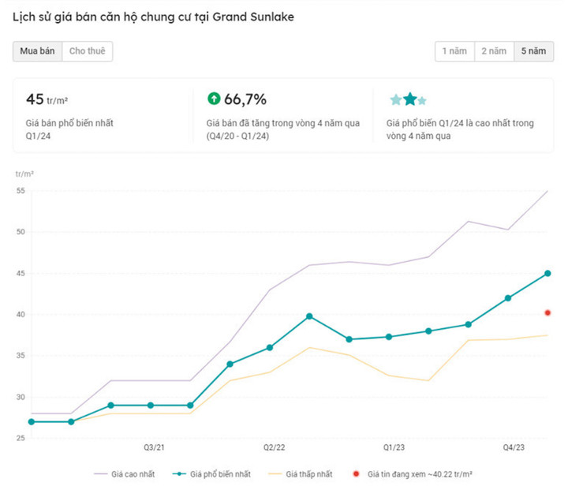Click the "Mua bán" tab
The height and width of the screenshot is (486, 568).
click(37, 51)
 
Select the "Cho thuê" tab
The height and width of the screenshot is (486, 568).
click(87, 51)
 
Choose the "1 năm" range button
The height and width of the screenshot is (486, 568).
click(454, 51)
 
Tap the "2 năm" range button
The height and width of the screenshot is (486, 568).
click(493, 51)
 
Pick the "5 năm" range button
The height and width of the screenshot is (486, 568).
click(532, 51)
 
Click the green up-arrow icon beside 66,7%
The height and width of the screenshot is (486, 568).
click(213, 99)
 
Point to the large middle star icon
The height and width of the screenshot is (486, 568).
click(410, 99)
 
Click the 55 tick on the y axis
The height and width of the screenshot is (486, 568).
click(21, 191)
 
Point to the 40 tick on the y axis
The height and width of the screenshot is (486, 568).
click(21, 315)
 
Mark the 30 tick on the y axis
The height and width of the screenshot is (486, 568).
click(21, 397)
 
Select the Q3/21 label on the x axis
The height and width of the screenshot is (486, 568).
click(153, 448)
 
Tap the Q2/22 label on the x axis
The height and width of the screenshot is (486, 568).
click(274, 448)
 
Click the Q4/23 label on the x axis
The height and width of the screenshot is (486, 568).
click(514, 448)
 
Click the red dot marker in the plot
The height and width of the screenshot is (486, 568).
click(547, 313)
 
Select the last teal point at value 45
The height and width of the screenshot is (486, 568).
click(547, 274)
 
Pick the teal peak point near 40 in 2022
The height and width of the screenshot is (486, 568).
click(309, 316)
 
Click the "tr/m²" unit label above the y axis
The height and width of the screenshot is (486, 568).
click(25, 173)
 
